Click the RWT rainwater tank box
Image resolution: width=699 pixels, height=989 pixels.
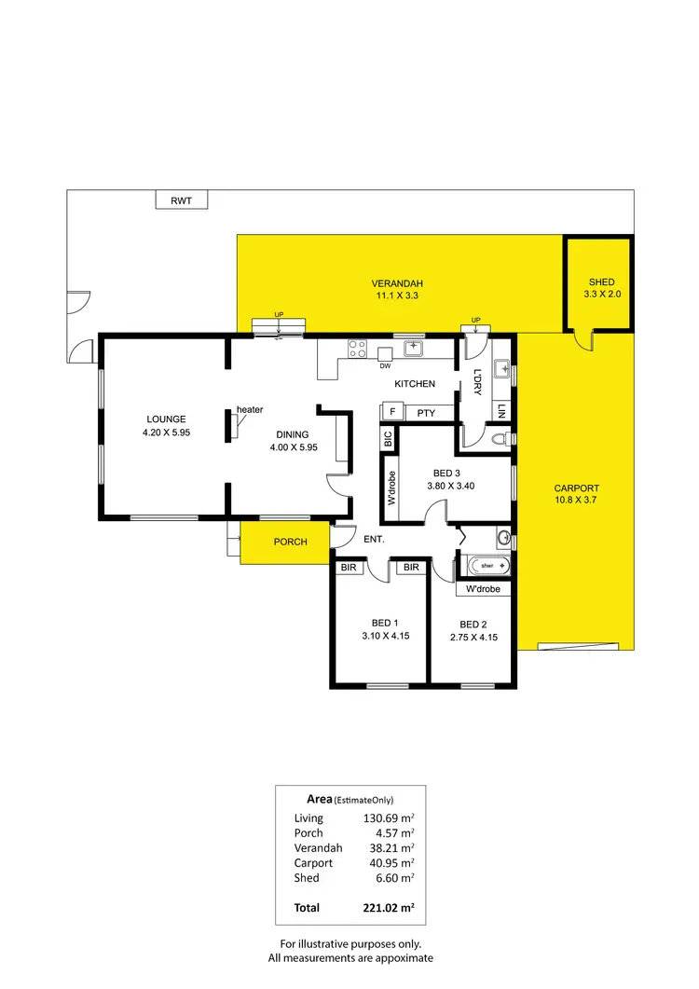[181, 200]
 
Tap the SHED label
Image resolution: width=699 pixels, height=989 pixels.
[601, 282]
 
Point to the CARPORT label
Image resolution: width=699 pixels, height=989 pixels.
[576, 488]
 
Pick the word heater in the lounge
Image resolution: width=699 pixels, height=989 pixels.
[250, 410]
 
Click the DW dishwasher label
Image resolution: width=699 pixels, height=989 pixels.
[384, 365]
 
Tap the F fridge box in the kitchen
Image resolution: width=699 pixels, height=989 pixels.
[392, 412]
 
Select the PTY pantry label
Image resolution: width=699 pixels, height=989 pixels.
[427, 412]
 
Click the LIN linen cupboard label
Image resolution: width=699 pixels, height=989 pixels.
[501, 410]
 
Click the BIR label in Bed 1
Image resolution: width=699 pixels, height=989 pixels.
[349, 567]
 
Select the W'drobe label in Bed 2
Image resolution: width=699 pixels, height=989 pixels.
[483, 589]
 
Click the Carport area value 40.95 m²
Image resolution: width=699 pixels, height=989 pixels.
[389, 862]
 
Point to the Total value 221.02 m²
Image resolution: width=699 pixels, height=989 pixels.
[389, 907]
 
